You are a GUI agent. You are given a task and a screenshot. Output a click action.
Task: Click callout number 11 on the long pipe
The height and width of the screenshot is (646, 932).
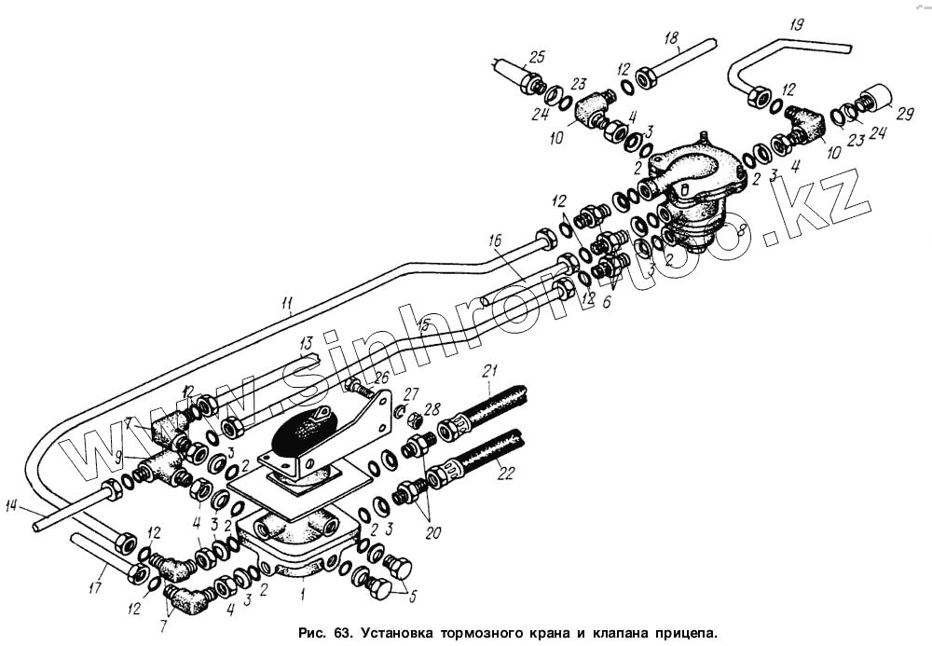click(x=288, y=302)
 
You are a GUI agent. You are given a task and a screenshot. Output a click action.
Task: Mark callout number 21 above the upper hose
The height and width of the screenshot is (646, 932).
click(x=490, y=371)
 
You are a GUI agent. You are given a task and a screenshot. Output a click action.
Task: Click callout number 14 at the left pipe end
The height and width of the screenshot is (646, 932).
click(x=11, y=506)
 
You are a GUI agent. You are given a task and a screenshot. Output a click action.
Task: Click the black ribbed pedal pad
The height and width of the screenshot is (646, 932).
click(x=303, y=434)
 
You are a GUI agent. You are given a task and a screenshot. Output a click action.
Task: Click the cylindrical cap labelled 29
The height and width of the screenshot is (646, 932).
click(x=874, y=99)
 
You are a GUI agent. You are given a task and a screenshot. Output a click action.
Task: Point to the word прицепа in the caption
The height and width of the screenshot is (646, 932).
click(x=677, y=631)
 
